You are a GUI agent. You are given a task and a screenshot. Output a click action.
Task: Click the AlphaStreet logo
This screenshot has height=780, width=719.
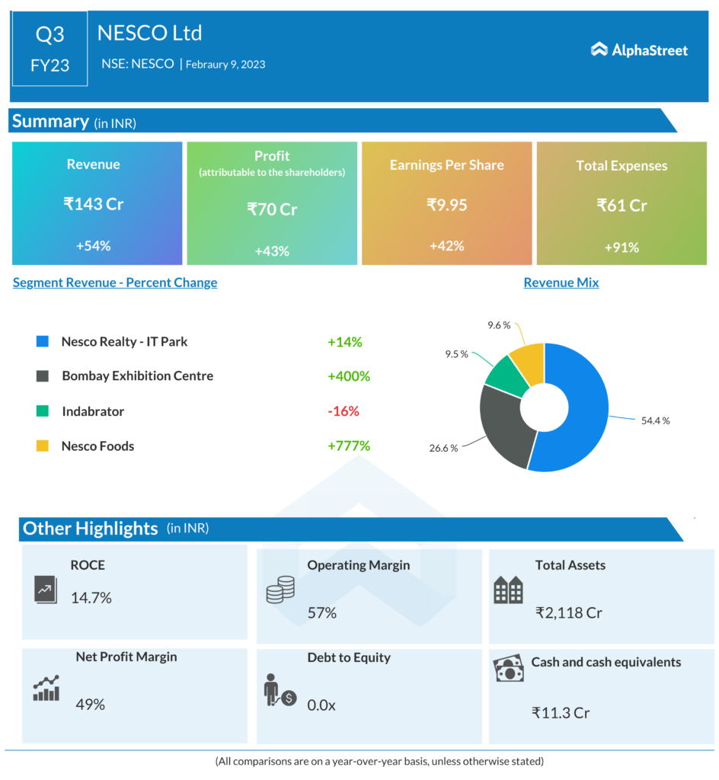point(639,50)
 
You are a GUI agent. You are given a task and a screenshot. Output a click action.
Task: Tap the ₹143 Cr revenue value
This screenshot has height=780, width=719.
point(93,204)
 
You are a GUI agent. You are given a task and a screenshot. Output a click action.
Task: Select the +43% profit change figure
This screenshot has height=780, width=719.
point(272,250)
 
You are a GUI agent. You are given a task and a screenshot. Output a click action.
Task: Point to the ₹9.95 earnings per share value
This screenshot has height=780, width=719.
point(446,205)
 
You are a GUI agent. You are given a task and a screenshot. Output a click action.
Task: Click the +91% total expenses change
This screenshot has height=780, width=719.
point(622,247)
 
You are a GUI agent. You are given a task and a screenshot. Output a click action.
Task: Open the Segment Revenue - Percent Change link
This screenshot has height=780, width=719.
point(115,283)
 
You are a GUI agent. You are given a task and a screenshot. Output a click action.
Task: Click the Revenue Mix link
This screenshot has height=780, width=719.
point(561,283)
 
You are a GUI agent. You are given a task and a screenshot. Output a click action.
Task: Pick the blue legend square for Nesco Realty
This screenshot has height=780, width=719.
point(43,341)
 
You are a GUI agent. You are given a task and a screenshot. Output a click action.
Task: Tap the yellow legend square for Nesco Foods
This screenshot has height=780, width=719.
point(43,446)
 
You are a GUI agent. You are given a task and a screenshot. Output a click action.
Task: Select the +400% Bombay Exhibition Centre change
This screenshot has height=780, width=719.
point(348,376)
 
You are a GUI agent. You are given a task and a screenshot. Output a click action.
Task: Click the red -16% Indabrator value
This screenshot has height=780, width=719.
point(343,411)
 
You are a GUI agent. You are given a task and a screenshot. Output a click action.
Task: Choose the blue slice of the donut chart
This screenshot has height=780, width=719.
point(583,415)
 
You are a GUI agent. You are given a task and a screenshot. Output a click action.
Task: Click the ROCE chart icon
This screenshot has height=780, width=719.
point(45,590)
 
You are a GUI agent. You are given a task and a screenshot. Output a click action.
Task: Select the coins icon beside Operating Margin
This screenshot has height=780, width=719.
point(280,590)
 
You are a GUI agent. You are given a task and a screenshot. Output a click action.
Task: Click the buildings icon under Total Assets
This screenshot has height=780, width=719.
point(508,590)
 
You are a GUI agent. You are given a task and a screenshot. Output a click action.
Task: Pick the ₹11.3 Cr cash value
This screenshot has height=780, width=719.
point(561,713)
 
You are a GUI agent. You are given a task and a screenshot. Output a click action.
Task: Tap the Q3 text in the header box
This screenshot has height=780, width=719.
point(50,34)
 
